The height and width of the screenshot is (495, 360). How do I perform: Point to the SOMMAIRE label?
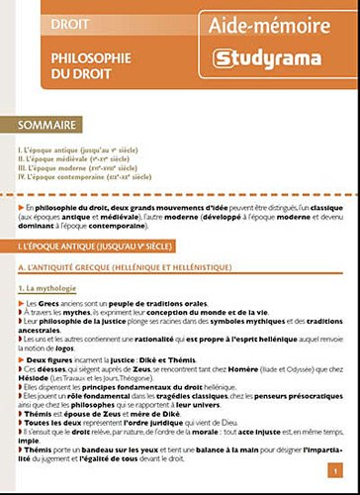[x=53, y=126]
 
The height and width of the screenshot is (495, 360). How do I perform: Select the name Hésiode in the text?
[x=34, y=380]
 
